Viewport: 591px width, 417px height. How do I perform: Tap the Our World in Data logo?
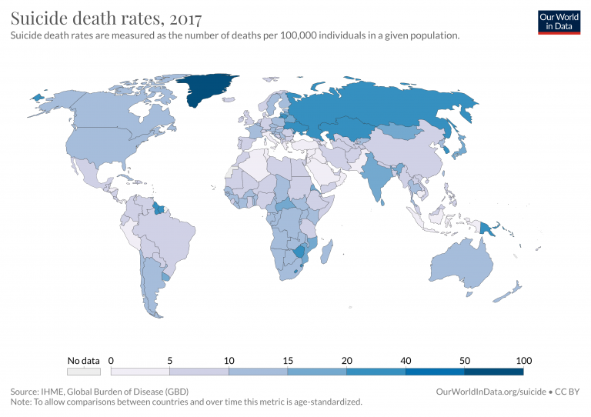point(558,22)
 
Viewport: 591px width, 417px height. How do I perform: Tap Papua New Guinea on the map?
point(488,228)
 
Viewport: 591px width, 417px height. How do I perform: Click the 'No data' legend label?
point(83,360)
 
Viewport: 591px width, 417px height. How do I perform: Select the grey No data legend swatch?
point(83,371)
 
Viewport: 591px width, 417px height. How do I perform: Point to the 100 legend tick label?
point(523,360)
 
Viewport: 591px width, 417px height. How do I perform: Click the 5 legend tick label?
point(170,360)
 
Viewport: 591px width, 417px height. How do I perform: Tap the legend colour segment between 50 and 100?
point(494,371)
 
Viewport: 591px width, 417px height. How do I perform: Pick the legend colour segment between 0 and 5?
point(141,371)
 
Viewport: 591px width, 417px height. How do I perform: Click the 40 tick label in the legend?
point(406,360)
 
